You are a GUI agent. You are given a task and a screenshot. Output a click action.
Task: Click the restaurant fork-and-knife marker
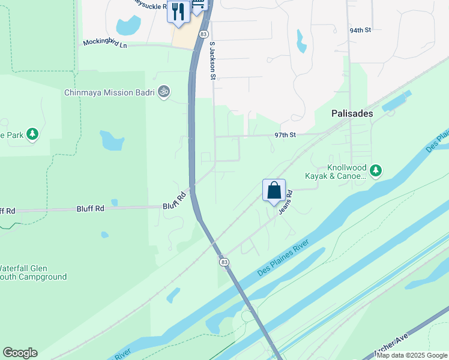pos(178,12)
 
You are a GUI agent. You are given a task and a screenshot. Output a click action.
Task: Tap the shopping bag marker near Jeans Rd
pos(274,191)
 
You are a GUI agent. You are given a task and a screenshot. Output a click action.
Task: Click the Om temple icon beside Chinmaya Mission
pos(164,92)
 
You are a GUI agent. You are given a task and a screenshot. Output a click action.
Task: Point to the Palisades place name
pos(352,113)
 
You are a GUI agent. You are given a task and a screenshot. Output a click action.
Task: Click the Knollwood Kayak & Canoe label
pos(339,172)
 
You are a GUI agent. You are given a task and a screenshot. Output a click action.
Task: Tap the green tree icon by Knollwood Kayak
pos(376,171)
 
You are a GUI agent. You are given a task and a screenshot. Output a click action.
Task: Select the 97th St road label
pos(286,135)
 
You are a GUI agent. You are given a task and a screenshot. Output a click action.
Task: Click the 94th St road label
pos(361,29)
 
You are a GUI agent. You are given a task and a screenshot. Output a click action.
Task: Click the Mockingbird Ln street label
pos(106,44)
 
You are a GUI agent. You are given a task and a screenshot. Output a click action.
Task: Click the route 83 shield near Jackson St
pos(204,34)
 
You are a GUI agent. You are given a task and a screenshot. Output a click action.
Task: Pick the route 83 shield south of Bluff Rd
pos(224,262)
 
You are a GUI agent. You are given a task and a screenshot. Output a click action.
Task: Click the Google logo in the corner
pos(20,353)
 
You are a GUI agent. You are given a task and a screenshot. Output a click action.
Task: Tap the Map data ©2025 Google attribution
pos(412,355)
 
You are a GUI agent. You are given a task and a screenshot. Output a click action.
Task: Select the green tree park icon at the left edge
pos(33,134)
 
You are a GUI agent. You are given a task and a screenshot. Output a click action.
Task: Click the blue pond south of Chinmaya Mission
pos(112,140)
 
